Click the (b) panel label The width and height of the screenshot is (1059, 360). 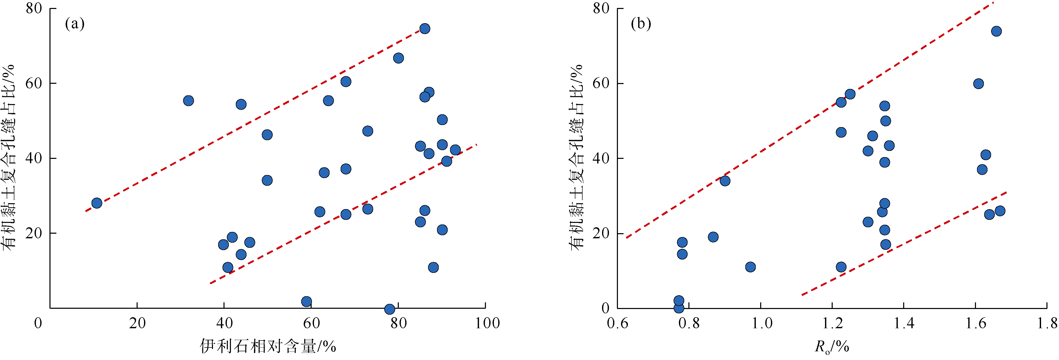(641, 24)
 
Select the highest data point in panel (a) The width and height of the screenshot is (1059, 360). (425, 29)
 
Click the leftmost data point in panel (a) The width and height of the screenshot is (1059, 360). (97, 203)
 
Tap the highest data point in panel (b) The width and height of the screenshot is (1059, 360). (996, 31)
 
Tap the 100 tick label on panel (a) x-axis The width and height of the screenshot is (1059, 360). (487, 323)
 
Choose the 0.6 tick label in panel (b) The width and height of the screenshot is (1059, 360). (617, 323)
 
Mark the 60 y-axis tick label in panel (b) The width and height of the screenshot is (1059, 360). (601, 84)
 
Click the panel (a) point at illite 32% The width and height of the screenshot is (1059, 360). (188, 101)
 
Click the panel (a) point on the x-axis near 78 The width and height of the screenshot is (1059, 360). (389, 309)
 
